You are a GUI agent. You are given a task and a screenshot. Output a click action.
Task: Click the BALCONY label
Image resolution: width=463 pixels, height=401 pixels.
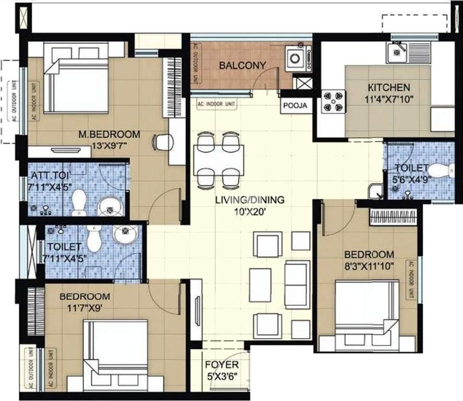coord(242,65)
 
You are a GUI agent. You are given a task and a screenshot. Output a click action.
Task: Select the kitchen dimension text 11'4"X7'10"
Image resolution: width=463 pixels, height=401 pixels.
coord(388,99)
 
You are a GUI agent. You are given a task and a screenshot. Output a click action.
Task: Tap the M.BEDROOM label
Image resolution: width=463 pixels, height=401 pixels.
coord(109,133)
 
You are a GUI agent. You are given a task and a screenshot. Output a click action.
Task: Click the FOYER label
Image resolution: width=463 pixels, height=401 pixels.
coord(221,364)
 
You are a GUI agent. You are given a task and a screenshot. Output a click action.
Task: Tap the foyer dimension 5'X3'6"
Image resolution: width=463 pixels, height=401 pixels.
coord(221,375)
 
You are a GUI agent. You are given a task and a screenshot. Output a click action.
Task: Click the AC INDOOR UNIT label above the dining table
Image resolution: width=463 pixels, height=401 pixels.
coord(216,104)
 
